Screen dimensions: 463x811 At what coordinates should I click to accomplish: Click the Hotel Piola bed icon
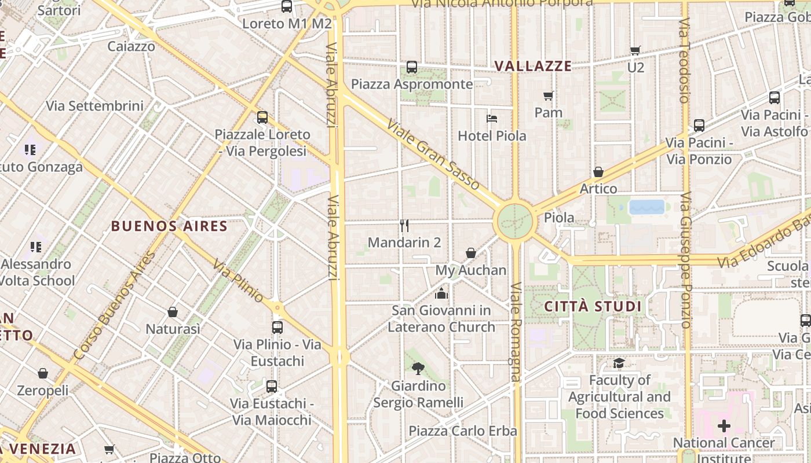492,119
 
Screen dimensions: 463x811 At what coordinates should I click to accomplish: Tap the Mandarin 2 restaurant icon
404,225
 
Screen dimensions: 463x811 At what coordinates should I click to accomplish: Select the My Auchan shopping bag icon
471,253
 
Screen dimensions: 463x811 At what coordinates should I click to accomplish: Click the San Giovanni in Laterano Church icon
441,293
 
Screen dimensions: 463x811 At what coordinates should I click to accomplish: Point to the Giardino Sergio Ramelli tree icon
418,368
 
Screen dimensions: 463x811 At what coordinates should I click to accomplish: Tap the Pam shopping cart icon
548,95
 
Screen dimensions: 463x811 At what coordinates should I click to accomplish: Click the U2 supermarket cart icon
635,50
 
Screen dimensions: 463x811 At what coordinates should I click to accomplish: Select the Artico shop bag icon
598,172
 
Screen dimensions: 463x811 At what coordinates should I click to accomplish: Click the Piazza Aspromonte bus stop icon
412,67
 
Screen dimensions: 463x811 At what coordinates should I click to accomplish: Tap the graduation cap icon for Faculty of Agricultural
619,363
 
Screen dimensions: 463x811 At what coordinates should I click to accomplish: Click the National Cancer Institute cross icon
724,427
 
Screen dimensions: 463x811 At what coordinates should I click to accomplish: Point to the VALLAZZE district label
533,66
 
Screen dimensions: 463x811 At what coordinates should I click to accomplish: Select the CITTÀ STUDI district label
594,306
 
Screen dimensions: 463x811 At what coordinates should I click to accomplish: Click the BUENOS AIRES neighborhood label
169,226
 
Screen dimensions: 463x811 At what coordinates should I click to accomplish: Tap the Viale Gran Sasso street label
433,155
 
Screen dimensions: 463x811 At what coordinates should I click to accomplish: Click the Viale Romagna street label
516,332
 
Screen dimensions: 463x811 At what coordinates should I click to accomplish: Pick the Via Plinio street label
238,281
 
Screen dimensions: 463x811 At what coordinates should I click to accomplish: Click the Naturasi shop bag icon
173,312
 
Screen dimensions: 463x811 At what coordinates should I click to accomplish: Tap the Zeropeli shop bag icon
42,373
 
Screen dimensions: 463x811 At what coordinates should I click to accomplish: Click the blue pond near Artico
646,207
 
